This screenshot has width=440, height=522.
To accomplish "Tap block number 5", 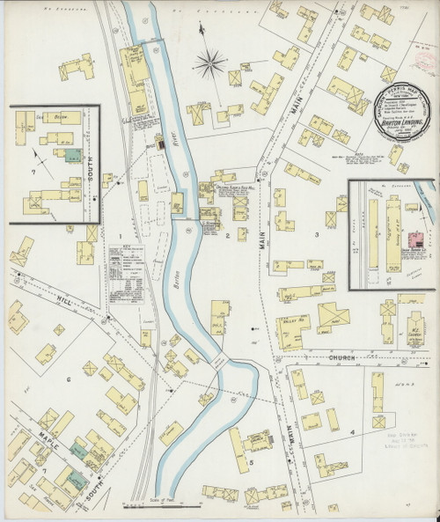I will (252, 460).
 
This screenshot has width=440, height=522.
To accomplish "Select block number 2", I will (227, 236).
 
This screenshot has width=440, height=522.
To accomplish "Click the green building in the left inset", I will (69, 153).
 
